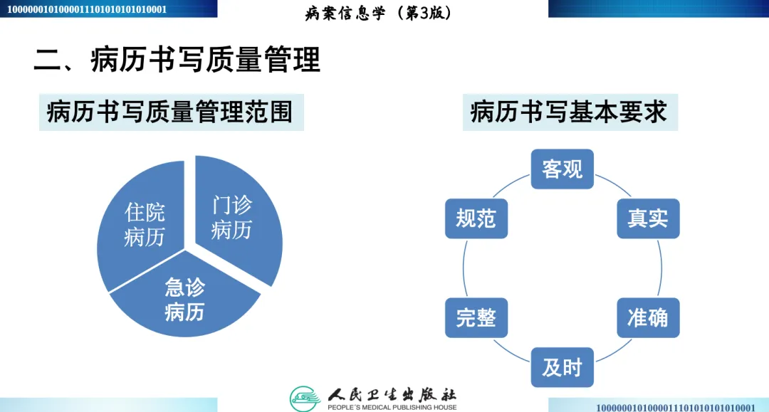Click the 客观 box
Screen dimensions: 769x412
point(563,169)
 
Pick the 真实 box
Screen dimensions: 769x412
point(648,218)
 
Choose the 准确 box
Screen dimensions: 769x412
point(648,317)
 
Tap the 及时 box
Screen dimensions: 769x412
point(563,367)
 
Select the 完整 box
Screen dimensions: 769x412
point(476,317)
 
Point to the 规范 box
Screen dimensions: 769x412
point(476,218)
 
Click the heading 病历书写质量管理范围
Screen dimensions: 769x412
point(170,112)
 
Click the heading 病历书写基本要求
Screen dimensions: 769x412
point(569,112)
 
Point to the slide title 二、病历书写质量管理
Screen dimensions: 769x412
point(177,60)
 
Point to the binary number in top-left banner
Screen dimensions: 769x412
point(86,9)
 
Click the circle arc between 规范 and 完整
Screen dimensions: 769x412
point(463,268)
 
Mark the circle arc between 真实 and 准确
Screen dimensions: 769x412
point(662,268)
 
